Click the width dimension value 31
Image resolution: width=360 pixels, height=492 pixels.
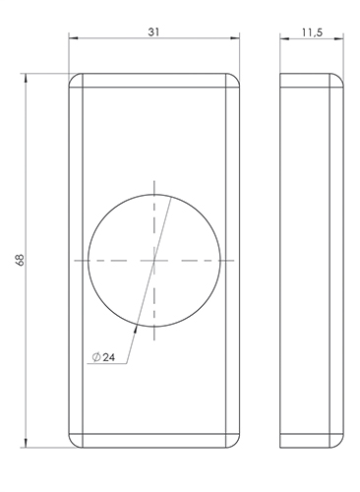[x=153, y=32]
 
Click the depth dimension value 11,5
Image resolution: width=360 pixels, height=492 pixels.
[x=312, y=32]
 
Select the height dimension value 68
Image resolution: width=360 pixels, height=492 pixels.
[x=20, y=260]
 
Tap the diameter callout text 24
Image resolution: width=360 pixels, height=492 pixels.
[x=109, y=357]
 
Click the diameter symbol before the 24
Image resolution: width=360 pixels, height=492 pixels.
[x=96, y=357]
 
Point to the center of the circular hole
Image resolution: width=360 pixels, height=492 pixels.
[x=154, y=261]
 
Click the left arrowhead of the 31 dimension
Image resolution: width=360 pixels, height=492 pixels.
[x=74, y=38]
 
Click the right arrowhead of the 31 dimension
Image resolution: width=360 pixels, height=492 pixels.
[x=235, y=38]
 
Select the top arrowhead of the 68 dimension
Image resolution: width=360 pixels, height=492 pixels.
[x=26, y=78]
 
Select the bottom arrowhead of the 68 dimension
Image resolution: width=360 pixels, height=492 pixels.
[x=26, y=443]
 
